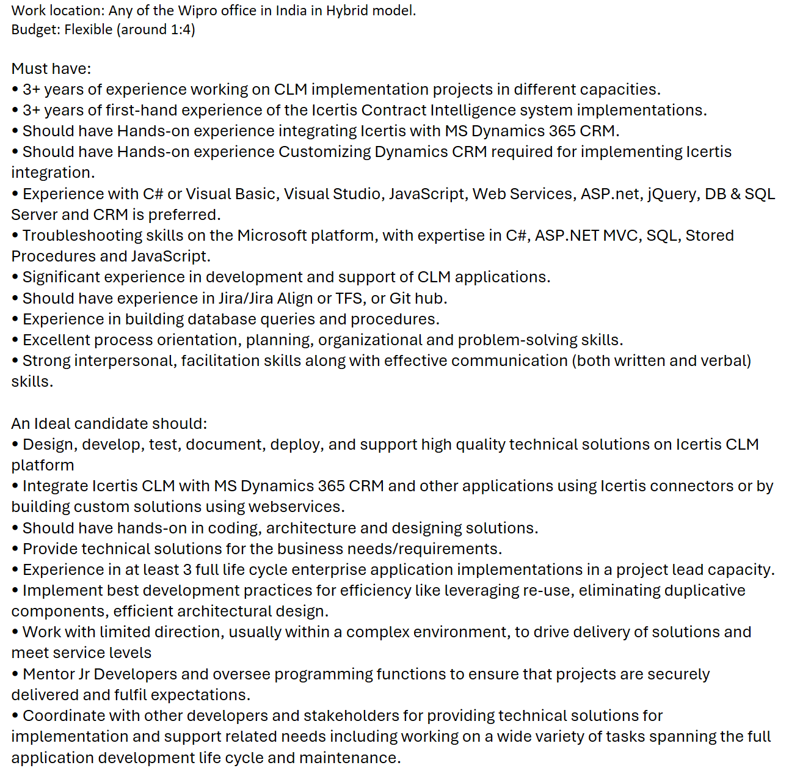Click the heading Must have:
click(51, 68)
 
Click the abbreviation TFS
click(349, 298)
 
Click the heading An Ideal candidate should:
click(109, 423)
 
